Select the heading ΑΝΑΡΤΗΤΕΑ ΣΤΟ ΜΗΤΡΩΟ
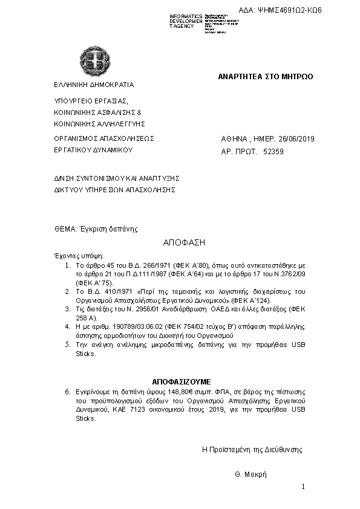[x=266, y=77]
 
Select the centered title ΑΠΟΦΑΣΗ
[x=185, y=242]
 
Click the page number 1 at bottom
[x=303, y=487]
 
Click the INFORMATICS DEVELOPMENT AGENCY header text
[x=186, y=21]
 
